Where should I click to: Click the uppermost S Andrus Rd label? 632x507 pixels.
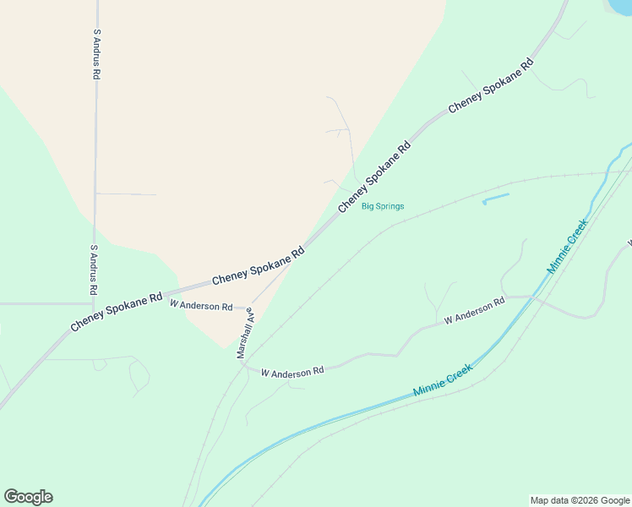coord(97,55)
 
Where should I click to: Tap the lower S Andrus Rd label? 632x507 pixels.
coord(94,270)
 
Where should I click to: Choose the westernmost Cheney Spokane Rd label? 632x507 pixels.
coord(117,312)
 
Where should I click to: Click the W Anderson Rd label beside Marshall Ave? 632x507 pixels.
coord(201,306)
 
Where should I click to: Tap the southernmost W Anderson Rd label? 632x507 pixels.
coord(292,372)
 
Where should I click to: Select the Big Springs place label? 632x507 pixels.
coord(383,206)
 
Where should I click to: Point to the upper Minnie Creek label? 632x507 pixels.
coord(567,246)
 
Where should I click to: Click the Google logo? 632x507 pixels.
coord(28,497)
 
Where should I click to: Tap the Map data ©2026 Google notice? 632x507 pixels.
coord(580,500)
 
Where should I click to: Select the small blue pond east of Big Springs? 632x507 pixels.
coord(496,199)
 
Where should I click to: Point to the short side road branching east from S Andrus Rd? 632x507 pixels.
coord(127,194)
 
